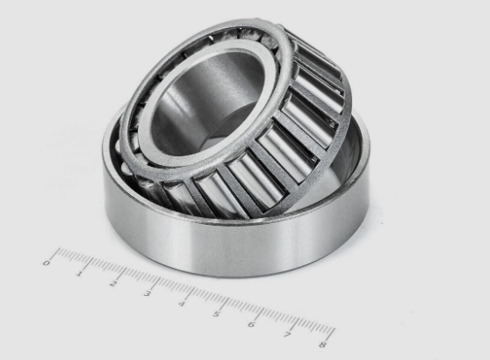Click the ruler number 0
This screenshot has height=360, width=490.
click(47, 263)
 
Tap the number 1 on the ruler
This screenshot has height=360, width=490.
click(79, 274)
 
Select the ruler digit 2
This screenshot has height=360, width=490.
click(113, 284)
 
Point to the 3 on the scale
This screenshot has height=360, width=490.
click(148, 293)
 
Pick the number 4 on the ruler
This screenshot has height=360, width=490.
click(182, 304)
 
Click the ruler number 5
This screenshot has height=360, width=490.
click(216, 313)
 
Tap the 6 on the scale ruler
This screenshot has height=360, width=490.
click(251, 324)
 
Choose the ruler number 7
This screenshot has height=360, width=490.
click(287, 335)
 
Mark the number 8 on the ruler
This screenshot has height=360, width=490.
click(322, 345)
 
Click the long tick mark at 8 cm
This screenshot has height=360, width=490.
click(330, 335)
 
